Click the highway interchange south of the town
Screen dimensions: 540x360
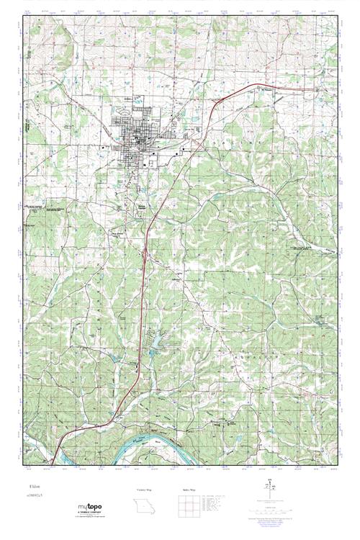147,253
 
